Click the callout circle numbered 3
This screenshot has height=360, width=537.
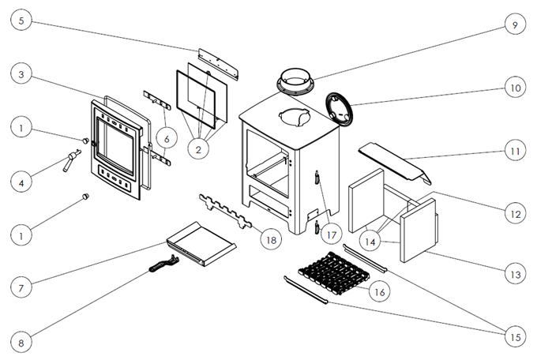coord(24,75)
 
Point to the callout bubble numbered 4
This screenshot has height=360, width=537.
coord(24,182)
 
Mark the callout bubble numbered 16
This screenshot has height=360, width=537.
coord(378,291)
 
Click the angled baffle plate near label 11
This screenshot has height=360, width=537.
coord(392,159)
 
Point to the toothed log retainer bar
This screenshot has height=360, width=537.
coord(225,211)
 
